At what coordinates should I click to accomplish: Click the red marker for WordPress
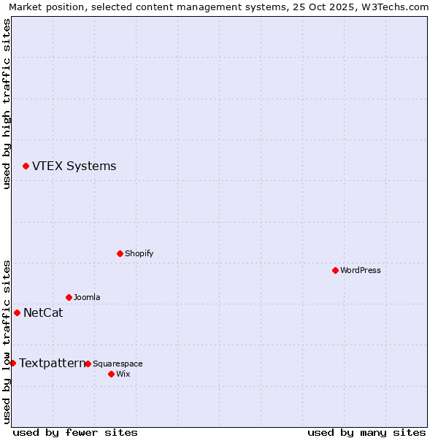point(335,270)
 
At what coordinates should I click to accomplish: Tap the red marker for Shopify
point(120,253)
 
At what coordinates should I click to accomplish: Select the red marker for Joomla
point(69,297)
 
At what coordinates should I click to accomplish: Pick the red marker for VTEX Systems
point(26,166)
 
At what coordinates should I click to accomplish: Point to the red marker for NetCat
point(17,312)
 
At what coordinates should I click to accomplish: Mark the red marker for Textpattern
point(12,363)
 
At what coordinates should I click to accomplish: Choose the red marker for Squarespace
point(88,364)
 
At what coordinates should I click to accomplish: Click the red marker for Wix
point(111,374)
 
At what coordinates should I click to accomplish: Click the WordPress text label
point(361,270)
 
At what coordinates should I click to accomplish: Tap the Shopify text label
point(139,253)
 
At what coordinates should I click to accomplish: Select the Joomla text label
point(87,297)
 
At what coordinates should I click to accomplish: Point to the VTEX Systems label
point(74,166)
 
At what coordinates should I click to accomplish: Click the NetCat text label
point(43,313)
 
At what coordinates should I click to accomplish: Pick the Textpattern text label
point(52,363)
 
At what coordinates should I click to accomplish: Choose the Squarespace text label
point(118,364)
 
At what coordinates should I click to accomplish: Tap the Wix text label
point(123,374)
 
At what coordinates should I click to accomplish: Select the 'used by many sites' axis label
point(366,432)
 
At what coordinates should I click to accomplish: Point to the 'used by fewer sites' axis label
point(75,432)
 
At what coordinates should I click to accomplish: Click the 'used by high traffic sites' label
point(7,104)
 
